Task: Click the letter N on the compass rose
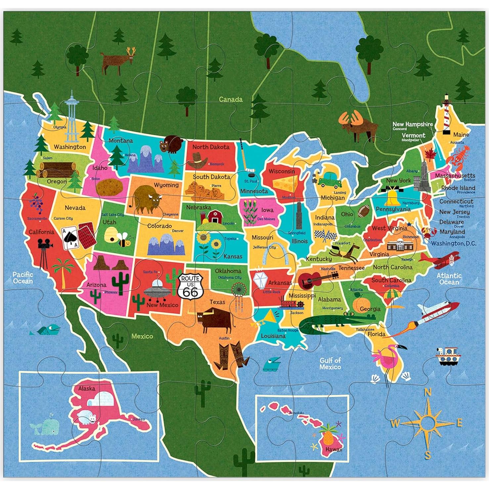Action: [x=428, y=392]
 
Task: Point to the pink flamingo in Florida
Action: [x=387, y=359]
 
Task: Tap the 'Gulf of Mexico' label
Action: [x=330, y=364]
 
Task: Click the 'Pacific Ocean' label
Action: [x=23, y=278]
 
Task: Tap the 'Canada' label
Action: [x=231, y=99]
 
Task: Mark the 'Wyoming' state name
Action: [x=166, y=185]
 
